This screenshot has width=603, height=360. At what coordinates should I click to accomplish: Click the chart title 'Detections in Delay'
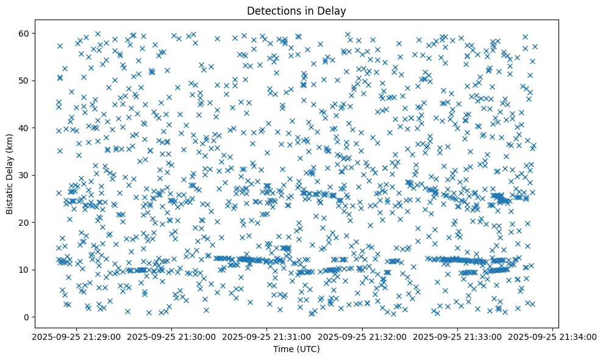click(x=296, y=10)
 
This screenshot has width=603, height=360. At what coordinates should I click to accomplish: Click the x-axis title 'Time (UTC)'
click(x=296, y=349)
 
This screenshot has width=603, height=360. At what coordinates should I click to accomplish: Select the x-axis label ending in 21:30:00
click(x=171, y=336)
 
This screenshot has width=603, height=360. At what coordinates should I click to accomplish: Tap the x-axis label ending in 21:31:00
click(x=267, y=336)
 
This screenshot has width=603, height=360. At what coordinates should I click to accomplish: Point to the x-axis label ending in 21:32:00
click(x=362, y=336)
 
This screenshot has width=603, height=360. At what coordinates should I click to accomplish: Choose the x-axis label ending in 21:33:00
click(x=458, y=336)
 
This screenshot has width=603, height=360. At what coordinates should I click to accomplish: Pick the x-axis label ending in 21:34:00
click(x=553, y=336)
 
